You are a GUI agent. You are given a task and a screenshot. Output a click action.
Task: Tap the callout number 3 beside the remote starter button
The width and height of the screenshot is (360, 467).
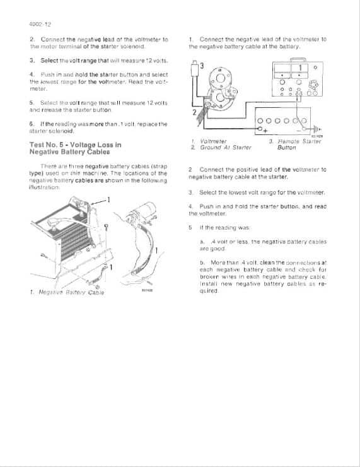[201, 66]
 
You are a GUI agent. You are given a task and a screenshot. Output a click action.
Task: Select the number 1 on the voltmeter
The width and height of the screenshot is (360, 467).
[301, 68]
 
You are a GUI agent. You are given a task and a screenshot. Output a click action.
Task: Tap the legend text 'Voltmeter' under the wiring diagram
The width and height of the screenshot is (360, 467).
[212, 141]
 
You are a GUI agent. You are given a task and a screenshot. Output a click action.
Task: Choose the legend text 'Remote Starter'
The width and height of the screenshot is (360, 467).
[299, 141]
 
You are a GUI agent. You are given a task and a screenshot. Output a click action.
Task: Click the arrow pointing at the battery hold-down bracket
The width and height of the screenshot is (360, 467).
[96, 202]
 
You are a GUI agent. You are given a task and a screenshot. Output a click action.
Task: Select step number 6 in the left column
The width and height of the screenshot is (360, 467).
[32, 124]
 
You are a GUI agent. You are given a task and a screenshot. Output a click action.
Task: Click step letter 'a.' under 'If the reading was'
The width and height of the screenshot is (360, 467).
[202, 241]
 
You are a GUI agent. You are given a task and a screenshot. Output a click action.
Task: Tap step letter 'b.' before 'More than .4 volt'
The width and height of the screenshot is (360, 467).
[202, 262]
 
